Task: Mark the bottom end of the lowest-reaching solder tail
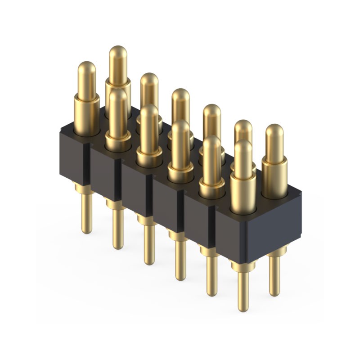pyautogui.click(x=243, y=308)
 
